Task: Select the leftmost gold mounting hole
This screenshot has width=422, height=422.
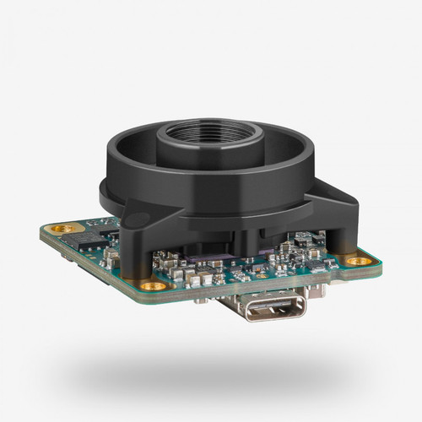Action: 58,229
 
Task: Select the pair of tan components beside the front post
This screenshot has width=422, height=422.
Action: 177,268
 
